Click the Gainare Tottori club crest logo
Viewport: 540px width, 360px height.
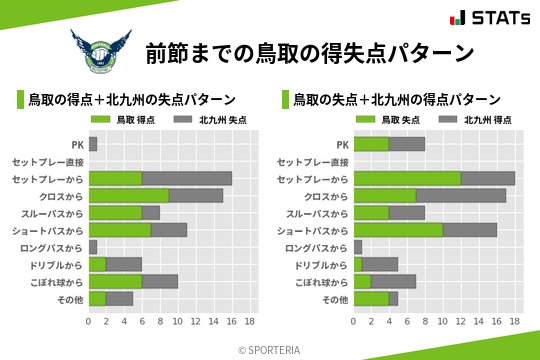pyautogui.click(x=100, y=52)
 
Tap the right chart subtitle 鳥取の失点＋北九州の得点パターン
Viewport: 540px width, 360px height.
pyautogui.click(x=397, y=100)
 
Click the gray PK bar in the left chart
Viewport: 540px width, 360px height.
pyautogui.click(x=93, y=144)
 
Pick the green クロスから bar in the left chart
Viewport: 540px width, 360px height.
pyautogui.click(x=129, y=195)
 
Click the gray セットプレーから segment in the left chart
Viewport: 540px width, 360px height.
pyautogui.click(x=187, y=178)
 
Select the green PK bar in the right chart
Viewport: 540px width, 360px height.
pyautogui.click(x=371, y=144)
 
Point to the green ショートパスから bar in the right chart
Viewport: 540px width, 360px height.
pyautogui.click(x=398, y=229)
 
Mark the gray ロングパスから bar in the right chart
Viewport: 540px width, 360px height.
pyautogui.click(x=358, y=246)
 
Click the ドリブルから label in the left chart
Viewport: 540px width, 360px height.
pyautogui.click(x=59, y=264)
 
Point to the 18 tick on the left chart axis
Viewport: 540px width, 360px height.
pyautogui.click(x=250, y=322)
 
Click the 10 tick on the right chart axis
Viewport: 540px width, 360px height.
pyautogui.click(x=443, y=322)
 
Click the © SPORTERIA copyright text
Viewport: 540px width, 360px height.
pyautogui.click(x=270, y=349)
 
